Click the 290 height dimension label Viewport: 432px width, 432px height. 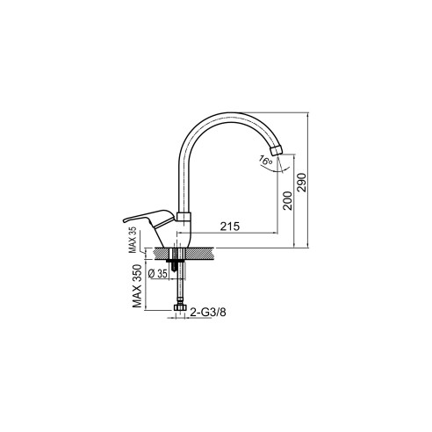coord(301,183)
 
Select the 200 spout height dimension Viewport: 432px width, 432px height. coord(287,200)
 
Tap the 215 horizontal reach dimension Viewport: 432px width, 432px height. coord(230,227)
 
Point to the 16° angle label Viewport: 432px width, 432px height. coord(266,161)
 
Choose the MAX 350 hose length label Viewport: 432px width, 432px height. coord(137,286)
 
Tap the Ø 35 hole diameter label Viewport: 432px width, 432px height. coord(158,274)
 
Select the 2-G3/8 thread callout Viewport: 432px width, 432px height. coord(208,312)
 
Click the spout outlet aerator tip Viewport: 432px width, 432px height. coord(276,150)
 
